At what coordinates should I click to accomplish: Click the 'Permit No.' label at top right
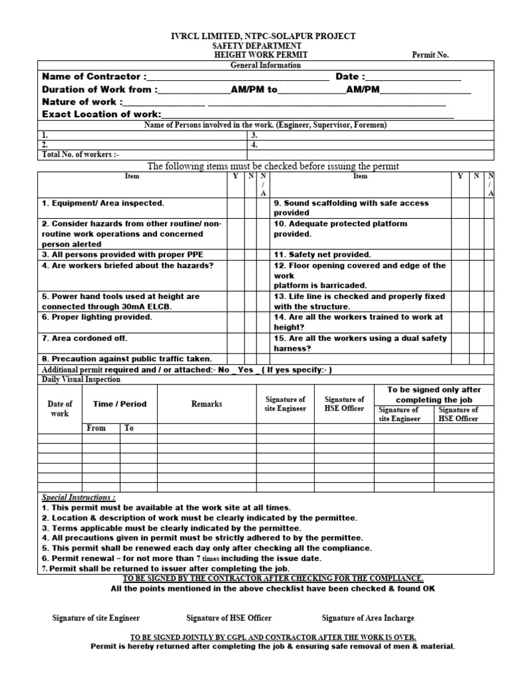pyautogui.click(x=430, y=55)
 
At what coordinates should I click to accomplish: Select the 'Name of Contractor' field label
pyautogui.click(x=95, y=77)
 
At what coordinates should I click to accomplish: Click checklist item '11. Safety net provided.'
pyautogui.click(x=322, y=255)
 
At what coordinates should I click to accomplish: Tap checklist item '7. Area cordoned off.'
pyautogui.click(x=84, y=338)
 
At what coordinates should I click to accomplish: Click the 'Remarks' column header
pyautogui.click(x=207, y=404)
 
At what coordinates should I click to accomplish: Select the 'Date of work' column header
pyautogui.click(x=60, y=408)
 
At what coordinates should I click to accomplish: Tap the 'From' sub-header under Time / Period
pyautogui.click(x=97, y=428)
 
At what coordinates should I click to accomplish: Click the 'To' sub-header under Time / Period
pyautogui.click(x=129, y=428)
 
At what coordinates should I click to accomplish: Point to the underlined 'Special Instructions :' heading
pyautogui.click(x=79, y=497)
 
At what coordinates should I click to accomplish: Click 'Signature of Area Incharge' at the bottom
pyautogui.click(x=368, y=618)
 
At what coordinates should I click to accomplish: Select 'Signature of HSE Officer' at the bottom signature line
pyautogui.click(x=229, y=618)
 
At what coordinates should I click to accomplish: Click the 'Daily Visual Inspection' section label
pyautogui.click(x=82, y=379)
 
